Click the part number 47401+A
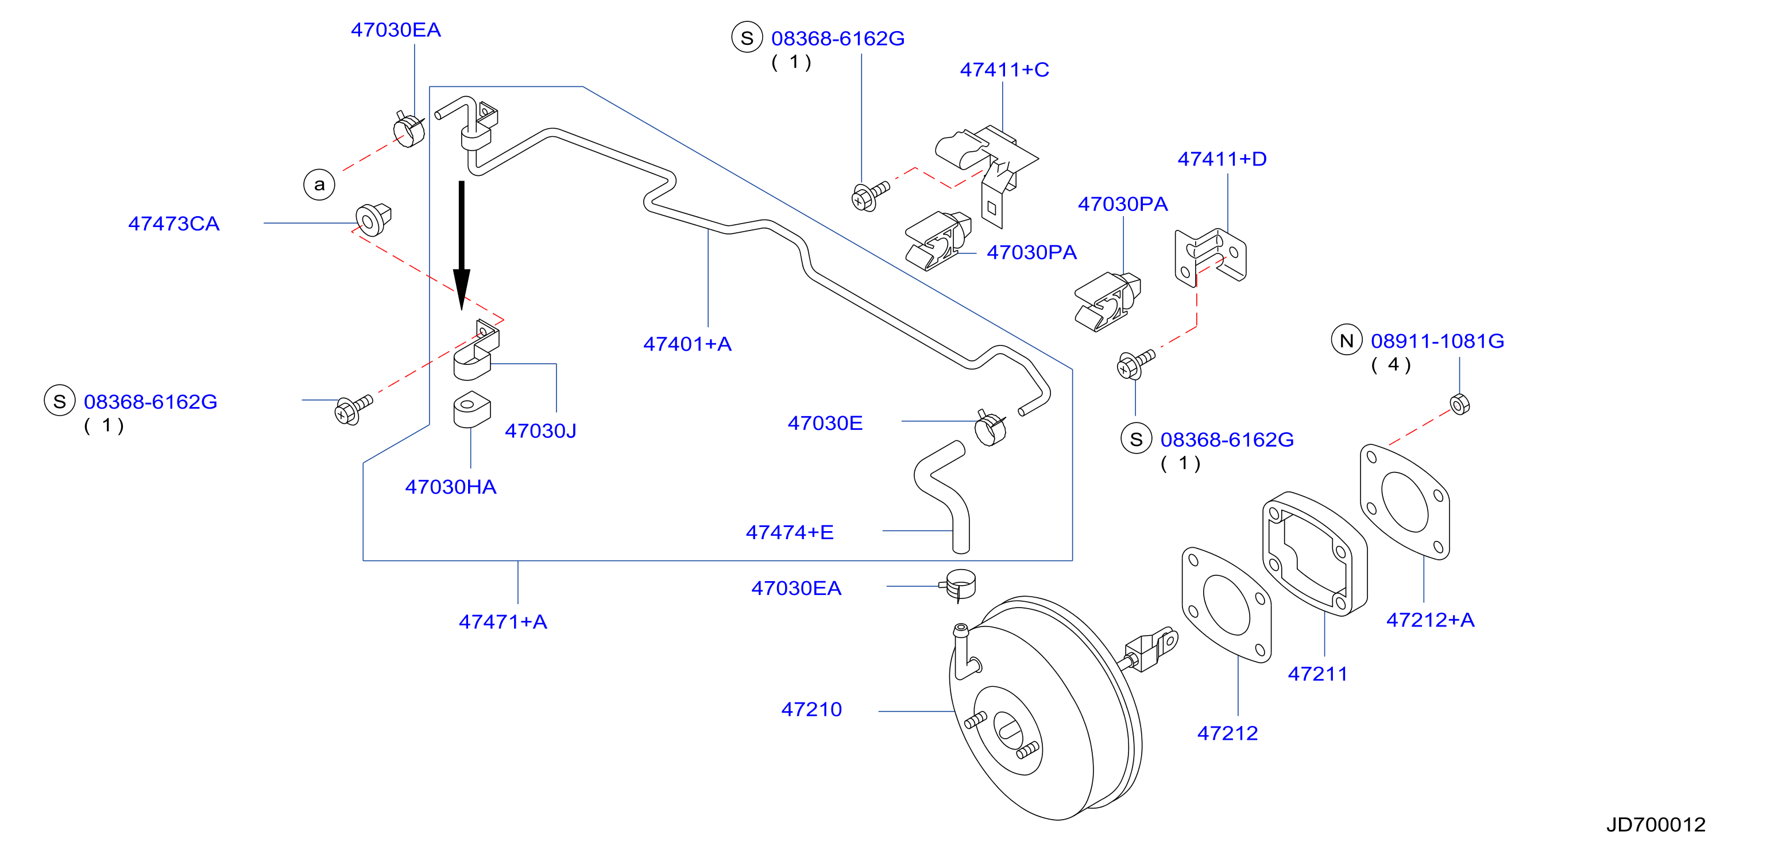[687, 344]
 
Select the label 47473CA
[173, 224]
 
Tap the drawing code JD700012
[1656, 825]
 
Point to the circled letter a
[319, 185]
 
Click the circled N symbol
[1346, 340]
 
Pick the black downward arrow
[461, 245]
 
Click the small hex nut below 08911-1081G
[1459, 404]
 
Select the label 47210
[811, 710]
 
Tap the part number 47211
[1317, 674]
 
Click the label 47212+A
[1431, 620]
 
